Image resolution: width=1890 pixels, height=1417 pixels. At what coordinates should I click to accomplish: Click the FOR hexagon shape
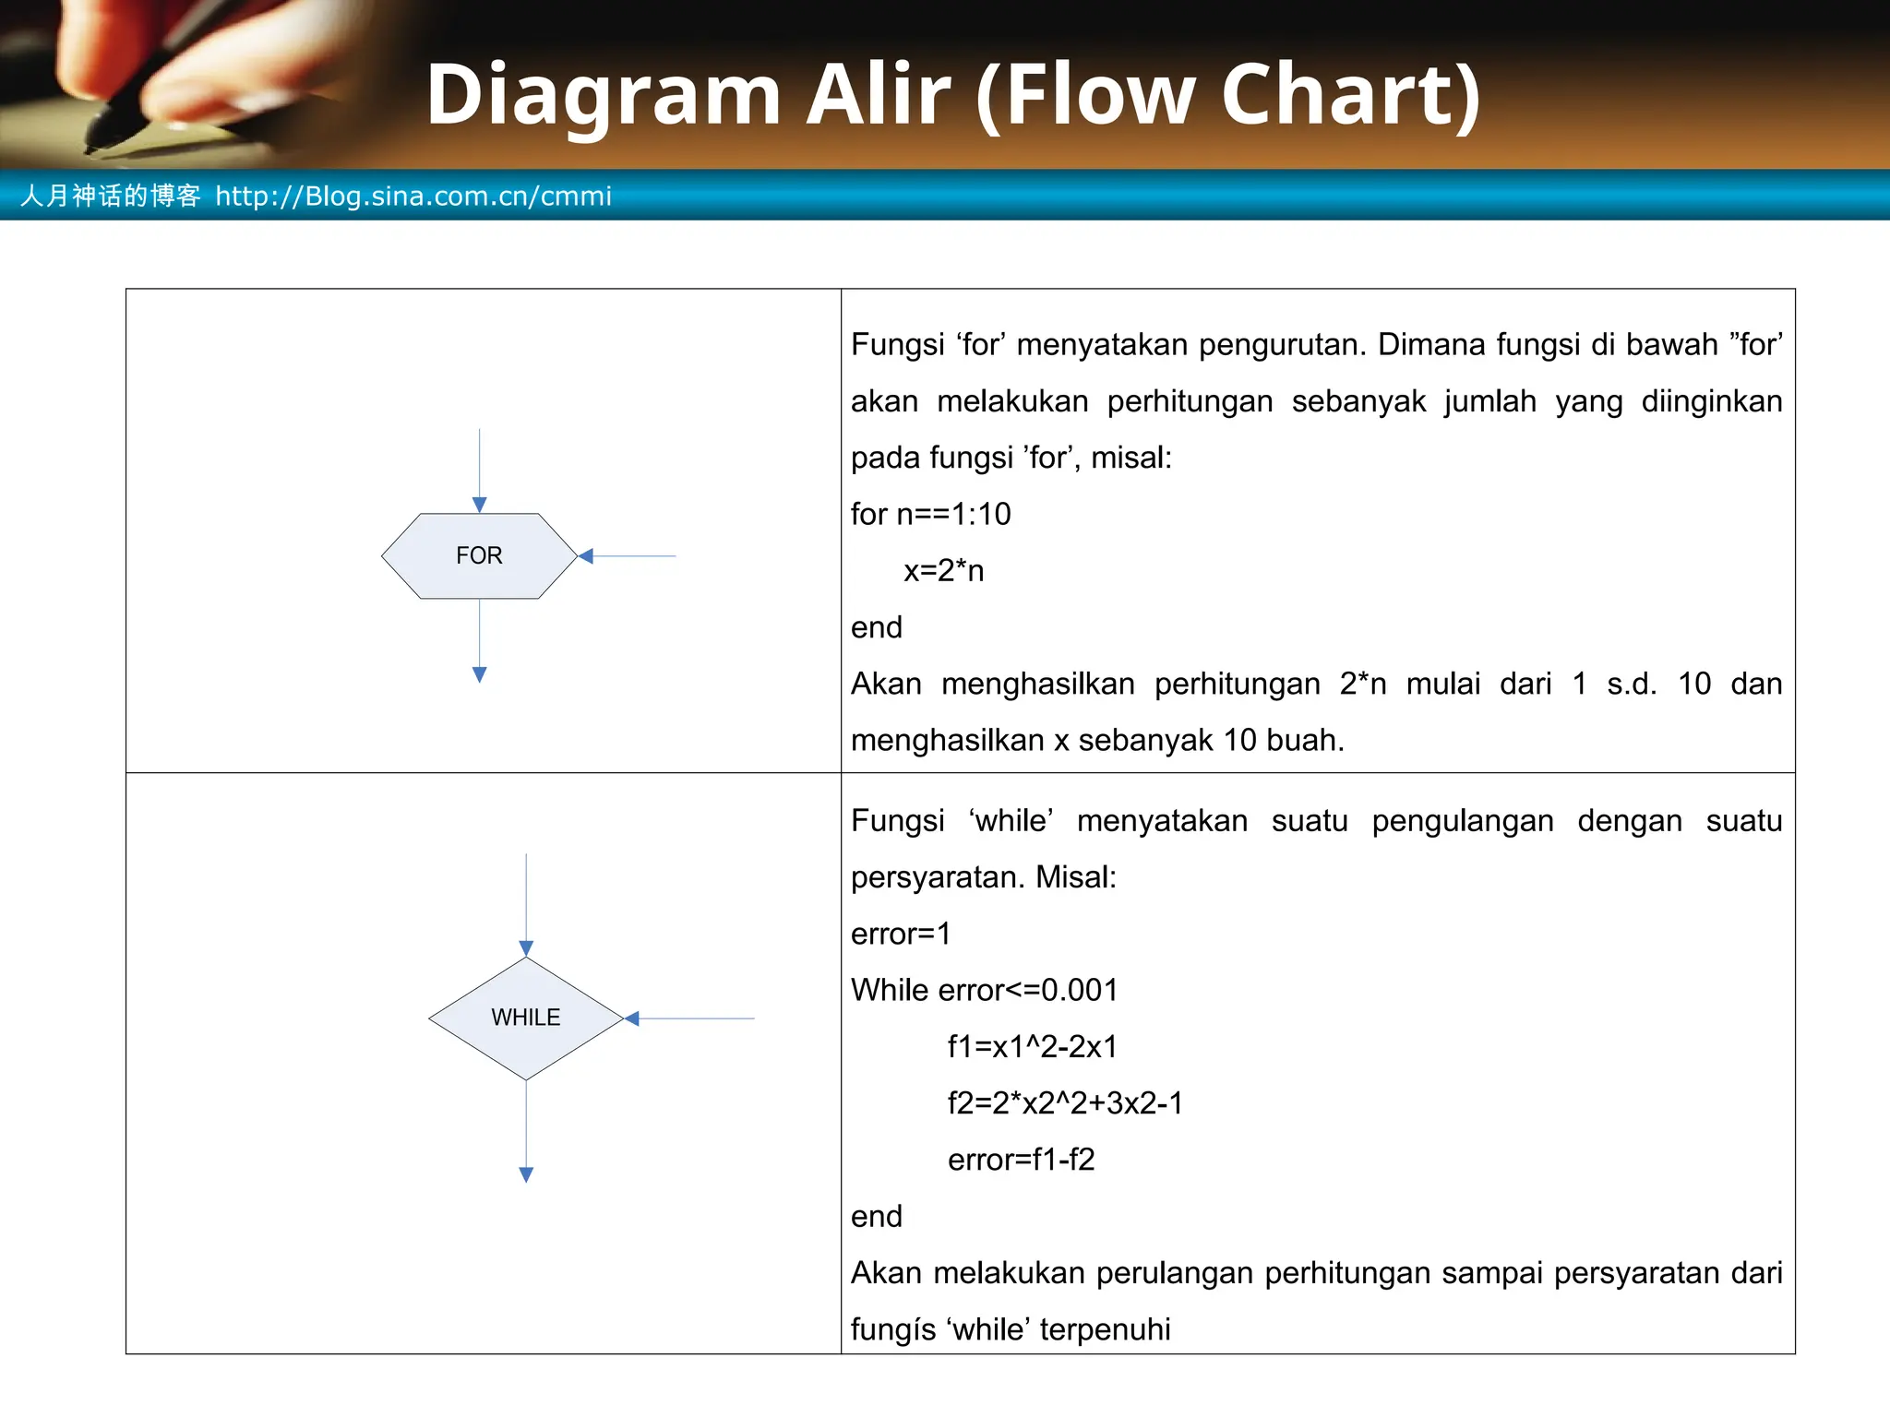[x=479, y=555]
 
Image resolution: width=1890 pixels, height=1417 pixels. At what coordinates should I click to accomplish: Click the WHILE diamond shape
[x=526, y=1018]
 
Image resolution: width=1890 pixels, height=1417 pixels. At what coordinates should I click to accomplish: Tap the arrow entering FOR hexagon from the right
[x=628, y=556]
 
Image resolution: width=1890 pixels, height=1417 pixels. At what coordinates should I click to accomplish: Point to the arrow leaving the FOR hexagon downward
[x=479, y=640]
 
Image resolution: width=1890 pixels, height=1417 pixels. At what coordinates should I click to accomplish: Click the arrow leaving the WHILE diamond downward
[x=526, y=1131]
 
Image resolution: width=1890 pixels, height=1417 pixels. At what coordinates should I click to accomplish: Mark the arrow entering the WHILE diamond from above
[x=526, y=904]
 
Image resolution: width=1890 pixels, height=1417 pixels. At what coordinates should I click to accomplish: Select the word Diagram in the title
[x=604, y=96]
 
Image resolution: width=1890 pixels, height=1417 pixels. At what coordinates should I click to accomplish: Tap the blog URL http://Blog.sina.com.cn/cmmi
[x=413, y=196]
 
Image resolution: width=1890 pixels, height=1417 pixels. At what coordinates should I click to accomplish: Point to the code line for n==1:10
[x=930, y=514]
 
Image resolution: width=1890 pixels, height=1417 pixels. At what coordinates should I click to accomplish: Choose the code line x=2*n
[x=943, y=571]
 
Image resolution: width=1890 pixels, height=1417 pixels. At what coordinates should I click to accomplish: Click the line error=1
[x=900, y=934]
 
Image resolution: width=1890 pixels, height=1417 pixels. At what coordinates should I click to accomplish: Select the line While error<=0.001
[x=984, y=990]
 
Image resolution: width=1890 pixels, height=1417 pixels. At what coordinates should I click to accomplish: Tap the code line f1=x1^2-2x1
[x=1032, y=1046]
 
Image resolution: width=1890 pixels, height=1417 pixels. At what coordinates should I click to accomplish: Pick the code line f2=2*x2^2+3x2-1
[x=1065, y=1103]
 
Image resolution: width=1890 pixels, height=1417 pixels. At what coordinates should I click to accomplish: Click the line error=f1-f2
[x=1021, y=1160]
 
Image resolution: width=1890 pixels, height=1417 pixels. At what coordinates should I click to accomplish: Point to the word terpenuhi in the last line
[x=1105, y=1329]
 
